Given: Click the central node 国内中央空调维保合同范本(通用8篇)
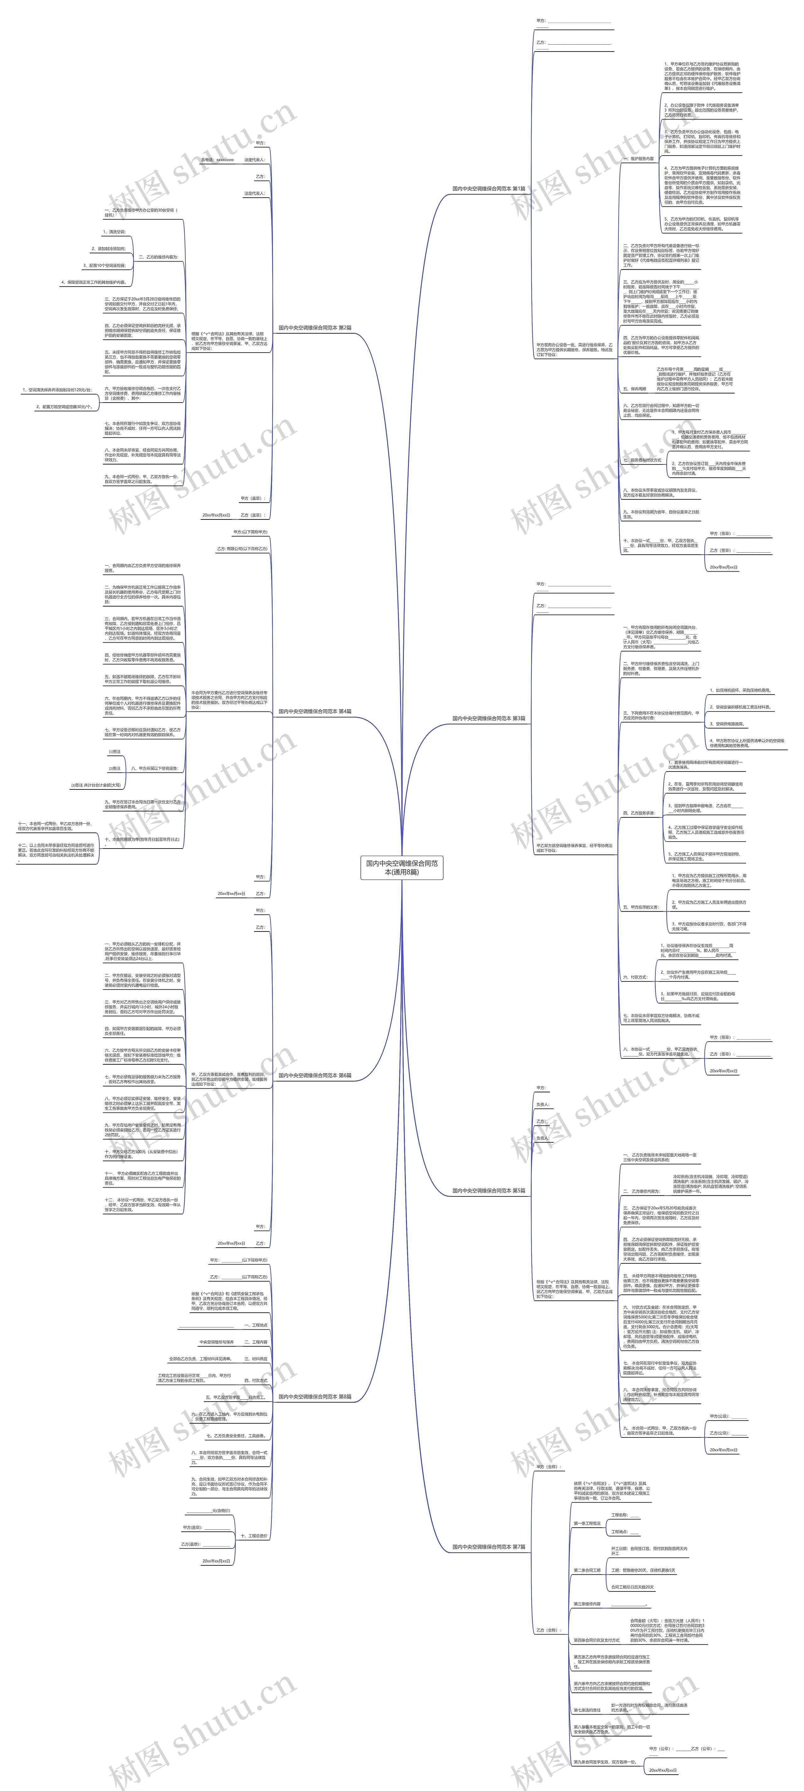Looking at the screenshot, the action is [402, 867].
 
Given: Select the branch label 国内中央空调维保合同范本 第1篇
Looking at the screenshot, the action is [488, 189].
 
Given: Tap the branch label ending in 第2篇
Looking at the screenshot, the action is [315, 327].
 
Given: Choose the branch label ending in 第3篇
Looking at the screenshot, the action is [488, 718].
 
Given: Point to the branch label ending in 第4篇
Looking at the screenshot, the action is [315, 711].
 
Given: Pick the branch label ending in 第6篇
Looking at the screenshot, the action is [315, 1075].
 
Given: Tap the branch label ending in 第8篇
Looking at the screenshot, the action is [315, 1396].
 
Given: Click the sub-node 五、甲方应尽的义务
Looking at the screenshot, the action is [640, 907].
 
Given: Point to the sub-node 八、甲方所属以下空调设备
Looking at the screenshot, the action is [154, 768].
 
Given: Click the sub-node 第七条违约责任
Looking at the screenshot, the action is [587, 1710].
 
